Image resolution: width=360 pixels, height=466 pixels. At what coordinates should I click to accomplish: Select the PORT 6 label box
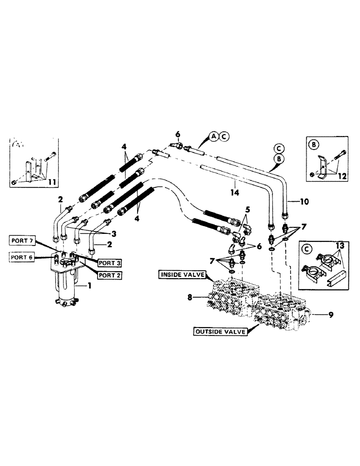pyautogui.click(x=22, y=256)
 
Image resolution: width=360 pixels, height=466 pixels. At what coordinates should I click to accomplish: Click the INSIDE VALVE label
pyautogui.click(x=182, y=275)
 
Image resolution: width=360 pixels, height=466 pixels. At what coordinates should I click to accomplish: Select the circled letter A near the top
pyautogui.click(x=213, y=137)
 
